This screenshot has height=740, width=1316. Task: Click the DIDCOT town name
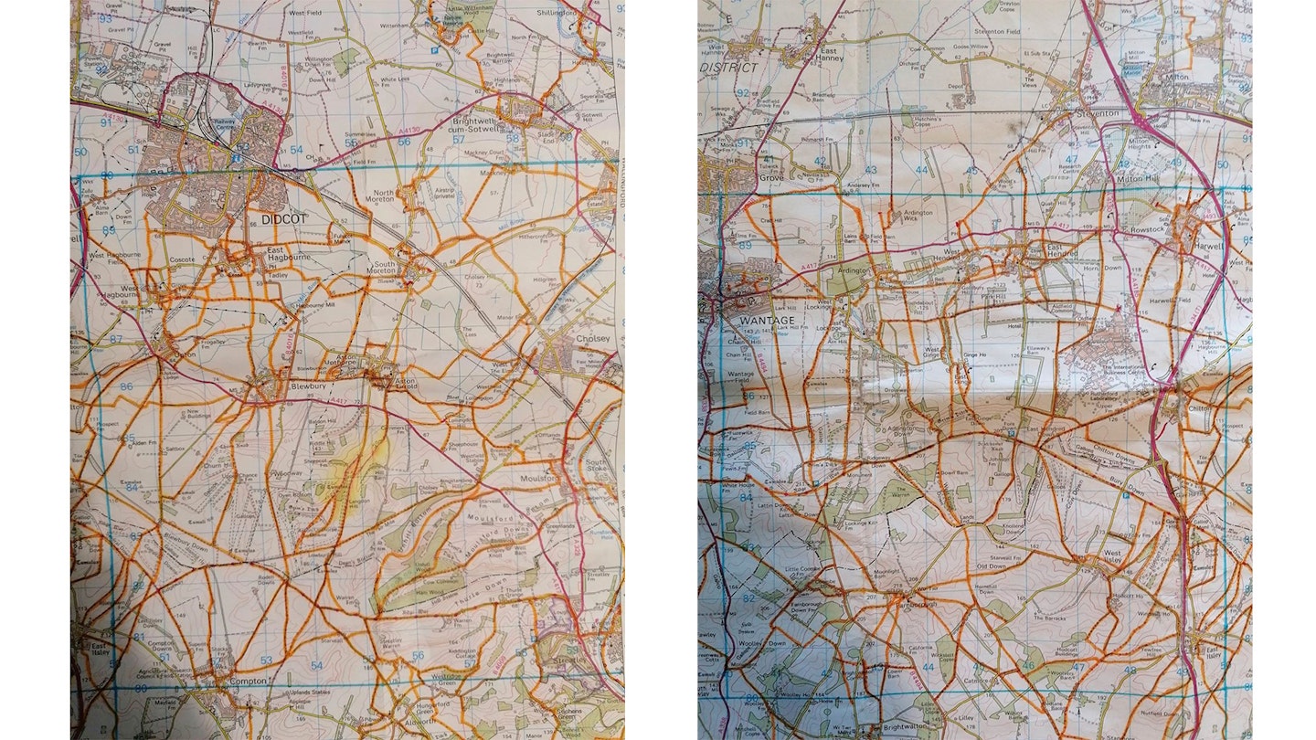pos(281,219)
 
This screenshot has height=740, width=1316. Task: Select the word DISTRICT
pos(729,68)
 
